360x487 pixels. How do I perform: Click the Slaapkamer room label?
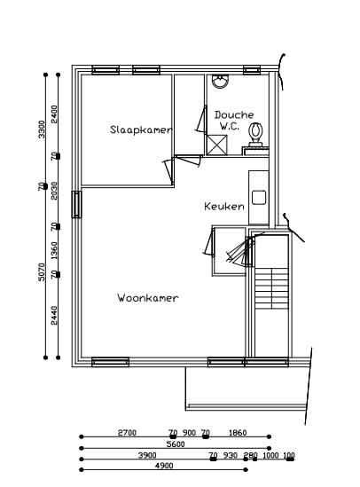140,130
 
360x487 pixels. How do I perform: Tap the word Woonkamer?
147,298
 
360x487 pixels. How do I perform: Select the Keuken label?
223,206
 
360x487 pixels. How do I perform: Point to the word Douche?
234,114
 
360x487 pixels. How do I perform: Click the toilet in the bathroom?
256,134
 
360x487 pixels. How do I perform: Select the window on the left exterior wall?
77,205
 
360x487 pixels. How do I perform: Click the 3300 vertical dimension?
41,130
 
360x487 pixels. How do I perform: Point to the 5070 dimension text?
41,271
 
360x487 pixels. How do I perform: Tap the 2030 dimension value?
55,191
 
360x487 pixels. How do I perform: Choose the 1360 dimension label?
55,250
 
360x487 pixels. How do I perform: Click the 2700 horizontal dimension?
127,433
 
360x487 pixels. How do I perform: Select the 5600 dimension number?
176,444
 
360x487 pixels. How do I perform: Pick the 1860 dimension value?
238,433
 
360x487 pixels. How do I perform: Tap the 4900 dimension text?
164,465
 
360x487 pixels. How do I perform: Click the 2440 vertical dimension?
55,314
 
